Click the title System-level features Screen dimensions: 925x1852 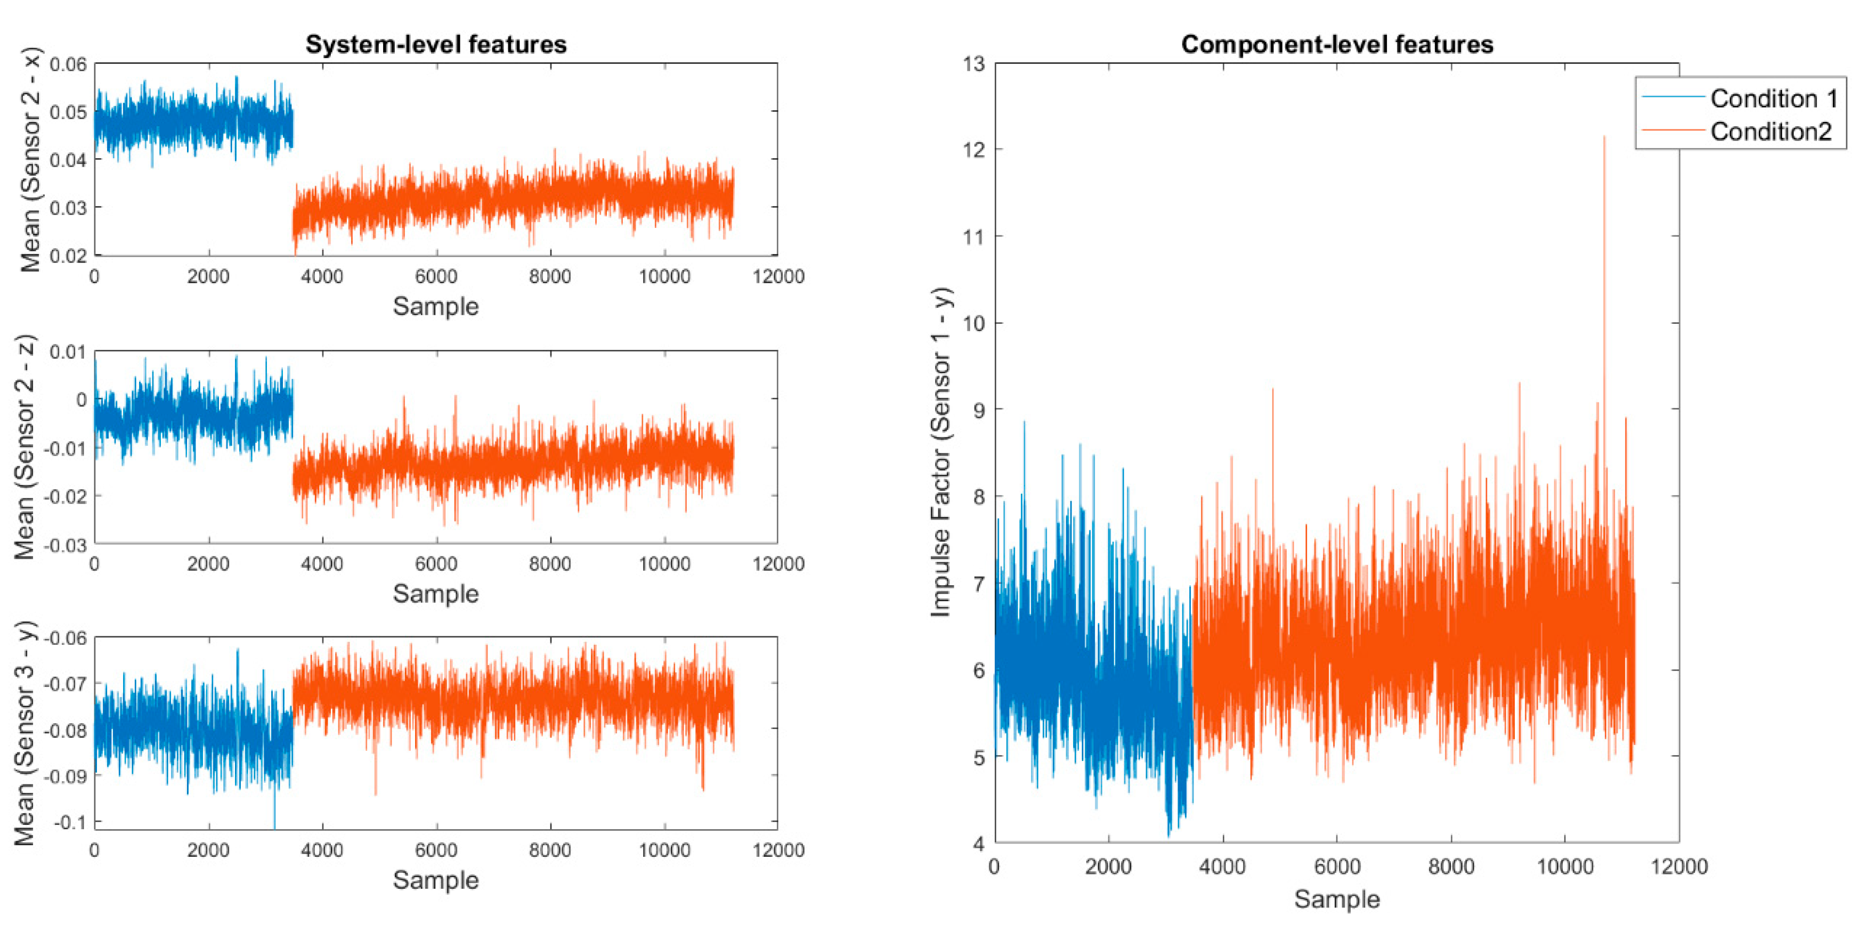pyautogui.click(x=436, y=45)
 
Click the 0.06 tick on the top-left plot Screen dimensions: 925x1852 pyautogui.click(x=68, y=64)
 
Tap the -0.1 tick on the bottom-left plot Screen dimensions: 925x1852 pyautogui.click(x=69, y=822)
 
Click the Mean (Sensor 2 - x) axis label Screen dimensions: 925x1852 pyautogui.click(x=30, y=160)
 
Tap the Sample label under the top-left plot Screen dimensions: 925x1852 pyautogui.click(x=436, y=306)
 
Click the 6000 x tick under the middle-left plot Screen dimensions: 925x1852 pyautogui.click(x=436, y=563)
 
